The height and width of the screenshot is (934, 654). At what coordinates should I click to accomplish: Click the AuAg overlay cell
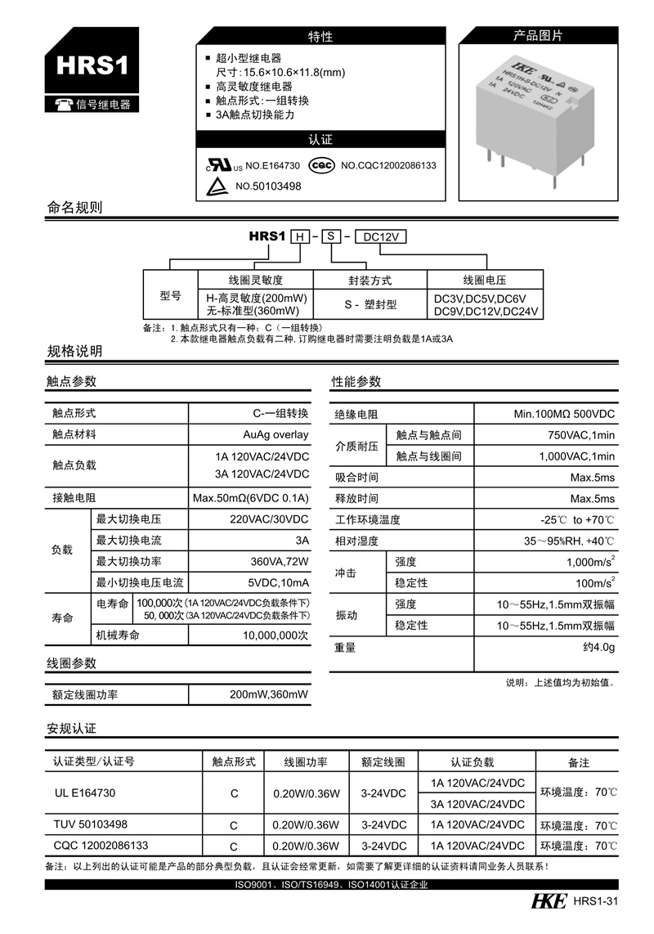pos(275,434)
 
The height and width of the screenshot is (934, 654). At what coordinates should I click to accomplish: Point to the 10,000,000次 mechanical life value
pos(275,635)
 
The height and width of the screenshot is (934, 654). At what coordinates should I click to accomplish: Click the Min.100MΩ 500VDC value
pos(564,414)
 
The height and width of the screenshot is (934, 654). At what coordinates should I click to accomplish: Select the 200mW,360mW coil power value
pos(269,694)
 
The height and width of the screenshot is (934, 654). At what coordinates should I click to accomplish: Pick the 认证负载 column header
pos(473,761)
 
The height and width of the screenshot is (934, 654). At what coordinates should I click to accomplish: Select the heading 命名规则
pos(75,207)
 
